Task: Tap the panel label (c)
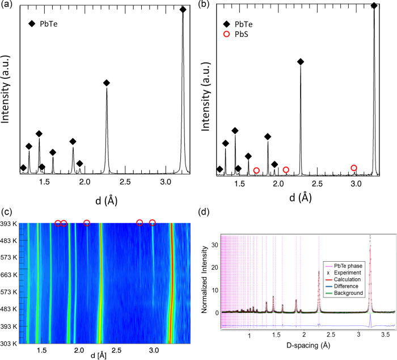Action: [x=7, y=211]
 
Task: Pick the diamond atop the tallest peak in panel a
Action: [x=183, y=10]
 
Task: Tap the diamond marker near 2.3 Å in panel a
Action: [x=107, y=83]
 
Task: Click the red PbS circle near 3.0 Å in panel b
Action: [x=354, y=168]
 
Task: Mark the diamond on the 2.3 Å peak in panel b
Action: [x=301, y=62]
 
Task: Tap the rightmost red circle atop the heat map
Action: [x=152, y=223]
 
